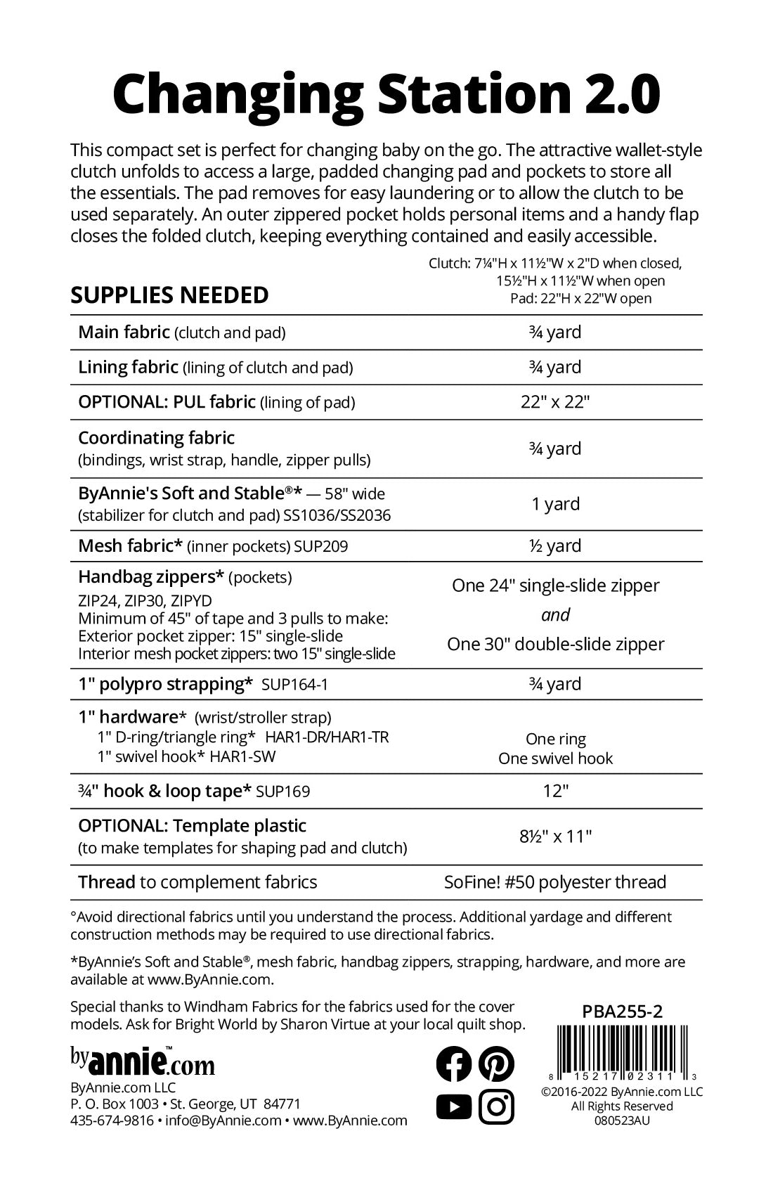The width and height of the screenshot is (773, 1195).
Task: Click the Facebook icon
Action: coord(453,1064)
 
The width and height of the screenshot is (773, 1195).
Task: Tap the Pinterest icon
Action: coord(496,1064)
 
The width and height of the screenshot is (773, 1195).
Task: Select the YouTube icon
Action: coord(453,1107)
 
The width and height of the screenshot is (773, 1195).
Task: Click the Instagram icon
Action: coord(496,1107)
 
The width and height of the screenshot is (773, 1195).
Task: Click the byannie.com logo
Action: coord(142,1061)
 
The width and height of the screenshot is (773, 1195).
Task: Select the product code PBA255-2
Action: coord(622,1011)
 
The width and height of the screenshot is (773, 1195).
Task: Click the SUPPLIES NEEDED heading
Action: coord(169,295)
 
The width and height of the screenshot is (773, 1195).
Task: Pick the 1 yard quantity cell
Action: coord(555,504)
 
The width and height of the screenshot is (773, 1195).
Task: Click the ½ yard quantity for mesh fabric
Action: coord(555,545)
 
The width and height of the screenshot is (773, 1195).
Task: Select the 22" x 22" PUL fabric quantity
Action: coord(555,402)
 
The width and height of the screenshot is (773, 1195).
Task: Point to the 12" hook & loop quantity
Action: coord(555,791)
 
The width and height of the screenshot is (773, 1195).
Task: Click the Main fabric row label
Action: coord(124,332)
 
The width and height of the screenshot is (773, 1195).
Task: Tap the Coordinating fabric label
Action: coord(156,438)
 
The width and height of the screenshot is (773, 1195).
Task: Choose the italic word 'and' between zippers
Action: coord(555,615)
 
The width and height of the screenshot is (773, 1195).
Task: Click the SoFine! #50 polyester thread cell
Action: coord(555,882)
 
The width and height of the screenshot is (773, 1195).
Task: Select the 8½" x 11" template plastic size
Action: coord(555,836)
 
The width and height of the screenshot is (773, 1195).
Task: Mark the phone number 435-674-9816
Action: coord(112,1120)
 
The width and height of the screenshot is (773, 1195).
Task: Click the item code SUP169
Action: coord(282,792)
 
